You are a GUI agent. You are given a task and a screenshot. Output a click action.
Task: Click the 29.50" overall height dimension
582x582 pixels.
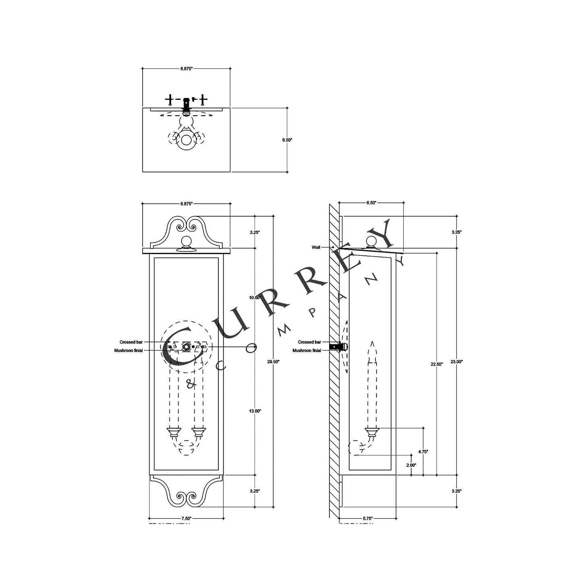[x=273, y=362]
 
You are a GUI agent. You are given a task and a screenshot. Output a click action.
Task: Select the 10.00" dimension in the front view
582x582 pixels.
[x=255, y=298]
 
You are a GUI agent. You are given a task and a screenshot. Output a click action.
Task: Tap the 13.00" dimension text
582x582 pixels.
[x=255, y=411]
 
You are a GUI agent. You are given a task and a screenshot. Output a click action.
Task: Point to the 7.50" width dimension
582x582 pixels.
[x=186, y=518]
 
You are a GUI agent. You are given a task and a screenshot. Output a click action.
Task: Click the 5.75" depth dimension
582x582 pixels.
[x=367, y=518]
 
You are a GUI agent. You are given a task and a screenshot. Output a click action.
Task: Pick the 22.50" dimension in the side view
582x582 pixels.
[x=437, y=364]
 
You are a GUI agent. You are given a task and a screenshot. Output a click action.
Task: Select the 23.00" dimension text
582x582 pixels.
[x=456, y=362]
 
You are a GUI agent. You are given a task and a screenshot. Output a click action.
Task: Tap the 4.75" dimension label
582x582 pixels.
[x=423, y=452]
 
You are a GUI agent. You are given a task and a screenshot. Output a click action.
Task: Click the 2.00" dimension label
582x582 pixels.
[x=411, y=465]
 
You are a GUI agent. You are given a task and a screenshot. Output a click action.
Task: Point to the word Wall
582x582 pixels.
[x=316, y=247]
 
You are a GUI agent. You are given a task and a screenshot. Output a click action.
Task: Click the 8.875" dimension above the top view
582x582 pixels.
[x=186, y=69]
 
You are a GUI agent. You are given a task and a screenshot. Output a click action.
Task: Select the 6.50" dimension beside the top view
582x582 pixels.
[x=287, y=140]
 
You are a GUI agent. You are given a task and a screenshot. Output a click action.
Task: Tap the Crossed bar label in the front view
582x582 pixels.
[x=131, y=342]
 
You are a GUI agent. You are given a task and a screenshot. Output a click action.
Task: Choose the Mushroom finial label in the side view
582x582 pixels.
[x=307, y=350]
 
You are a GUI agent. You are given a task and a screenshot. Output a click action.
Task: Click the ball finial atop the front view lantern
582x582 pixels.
[x=186, y=242]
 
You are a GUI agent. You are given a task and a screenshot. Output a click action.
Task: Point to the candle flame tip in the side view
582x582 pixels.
[x=373, y=344]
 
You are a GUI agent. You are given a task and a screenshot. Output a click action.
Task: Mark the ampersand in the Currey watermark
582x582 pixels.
[x=191, y=384]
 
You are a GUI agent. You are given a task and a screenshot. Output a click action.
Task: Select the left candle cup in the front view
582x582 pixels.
[x=174, y=433]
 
